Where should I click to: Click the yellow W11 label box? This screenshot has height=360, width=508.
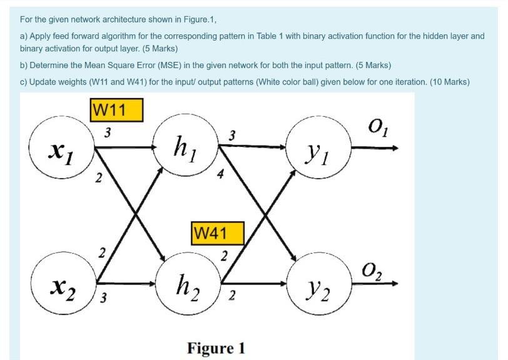(117, 111)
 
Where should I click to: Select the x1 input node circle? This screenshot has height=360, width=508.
(63, 149)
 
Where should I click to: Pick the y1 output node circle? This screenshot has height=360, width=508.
(318, 149)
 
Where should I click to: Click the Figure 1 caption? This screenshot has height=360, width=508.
(216, 347)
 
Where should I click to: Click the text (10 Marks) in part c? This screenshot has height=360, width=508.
(449, 82)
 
